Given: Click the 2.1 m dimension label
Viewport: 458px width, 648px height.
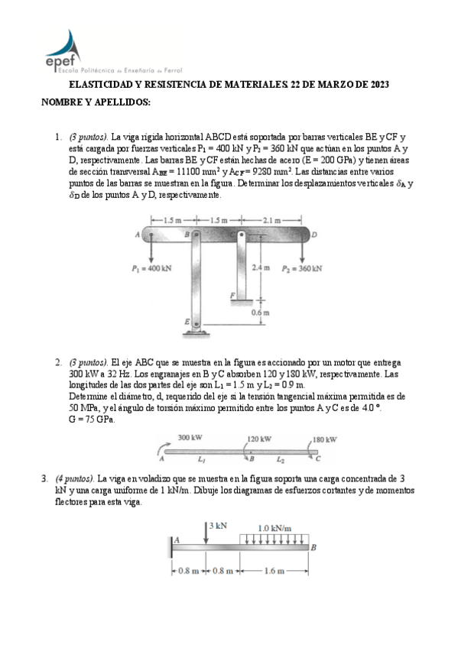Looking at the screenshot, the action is [271, 220].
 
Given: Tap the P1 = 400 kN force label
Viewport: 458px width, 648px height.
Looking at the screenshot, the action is [151, 269].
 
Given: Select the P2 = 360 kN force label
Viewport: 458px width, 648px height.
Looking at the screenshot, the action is [302, 269].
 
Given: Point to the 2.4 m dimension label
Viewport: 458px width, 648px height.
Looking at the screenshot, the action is [261, 267].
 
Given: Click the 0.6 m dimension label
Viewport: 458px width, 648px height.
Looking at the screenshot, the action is [261, 313].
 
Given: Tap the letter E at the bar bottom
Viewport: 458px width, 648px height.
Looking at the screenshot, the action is [187, 322].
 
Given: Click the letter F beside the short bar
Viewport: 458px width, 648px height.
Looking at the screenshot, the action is [232, 295].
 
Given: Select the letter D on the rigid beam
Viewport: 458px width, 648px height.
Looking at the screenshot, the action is [314, 235].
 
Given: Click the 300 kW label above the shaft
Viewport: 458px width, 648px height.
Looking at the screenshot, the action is [190, 437].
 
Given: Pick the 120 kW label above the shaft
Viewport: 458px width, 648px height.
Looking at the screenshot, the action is [259, 439].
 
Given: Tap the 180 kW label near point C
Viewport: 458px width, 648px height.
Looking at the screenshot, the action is [324, 439].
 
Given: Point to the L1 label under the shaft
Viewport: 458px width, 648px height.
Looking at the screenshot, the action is [201, 459].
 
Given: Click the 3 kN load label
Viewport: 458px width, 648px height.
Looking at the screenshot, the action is [218, 526].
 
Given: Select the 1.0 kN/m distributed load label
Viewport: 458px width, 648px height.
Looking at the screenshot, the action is [274, 528].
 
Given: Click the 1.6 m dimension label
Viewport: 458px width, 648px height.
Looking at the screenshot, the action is [274, 571].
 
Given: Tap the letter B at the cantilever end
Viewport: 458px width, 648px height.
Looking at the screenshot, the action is [313, 548].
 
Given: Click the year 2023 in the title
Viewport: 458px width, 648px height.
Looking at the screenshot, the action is [379, 85].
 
